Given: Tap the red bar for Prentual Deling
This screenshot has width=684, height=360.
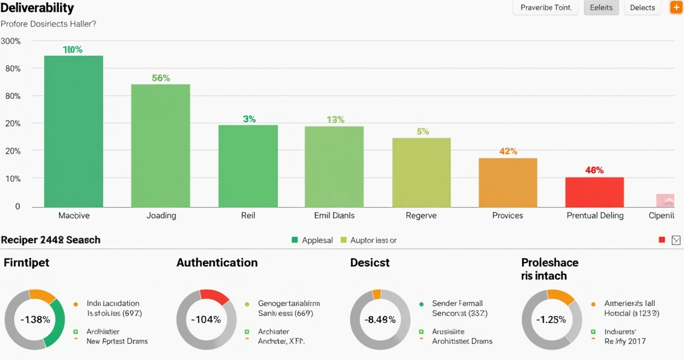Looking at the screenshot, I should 595,192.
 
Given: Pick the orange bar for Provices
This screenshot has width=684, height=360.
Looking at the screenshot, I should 508,182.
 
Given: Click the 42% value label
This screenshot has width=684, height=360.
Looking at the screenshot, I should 508,151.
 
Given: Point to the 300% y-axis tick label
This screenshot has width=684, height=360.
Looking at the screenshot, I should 11,41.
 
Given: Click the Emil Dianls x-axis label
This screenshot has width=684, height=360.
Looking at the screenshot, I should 334,215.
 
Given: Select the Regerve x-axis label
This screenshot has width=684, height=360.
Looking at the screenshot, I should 421,215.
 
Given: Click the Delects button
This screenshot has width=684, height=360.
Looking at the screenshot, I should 642,8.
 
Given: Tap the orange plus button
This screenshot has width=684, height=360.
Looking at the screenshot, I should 676,8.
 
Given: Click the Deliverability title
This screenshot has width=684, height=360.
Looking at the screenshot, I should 37,8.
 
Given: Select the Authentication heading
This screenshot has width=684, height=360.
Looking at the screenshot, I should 217,263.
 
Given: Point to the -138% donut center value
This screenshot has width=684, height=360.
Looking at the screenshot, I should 35,319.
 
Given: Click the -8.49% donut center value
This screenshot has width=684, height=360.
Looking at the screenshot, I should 380,319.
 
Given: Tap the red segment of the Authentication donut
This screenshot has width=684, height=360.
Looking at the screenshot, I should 214,296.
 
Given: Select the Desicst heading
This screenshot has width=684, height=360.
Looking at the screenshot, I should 370,263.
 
